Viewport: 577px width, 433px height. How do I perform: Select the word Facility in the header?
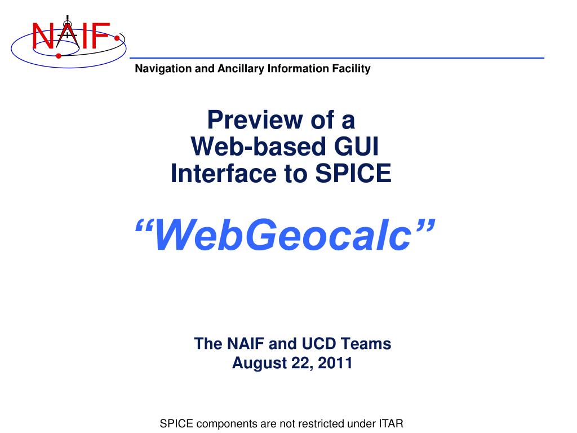coord(352,69)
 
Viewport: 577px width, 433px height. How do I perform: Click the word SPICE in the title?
coord(353,174)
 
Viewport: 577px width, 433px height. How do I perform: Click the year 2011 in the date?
coord(335,364)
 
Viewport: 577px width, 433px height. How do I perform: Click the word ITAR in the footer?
coord(390,423)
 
